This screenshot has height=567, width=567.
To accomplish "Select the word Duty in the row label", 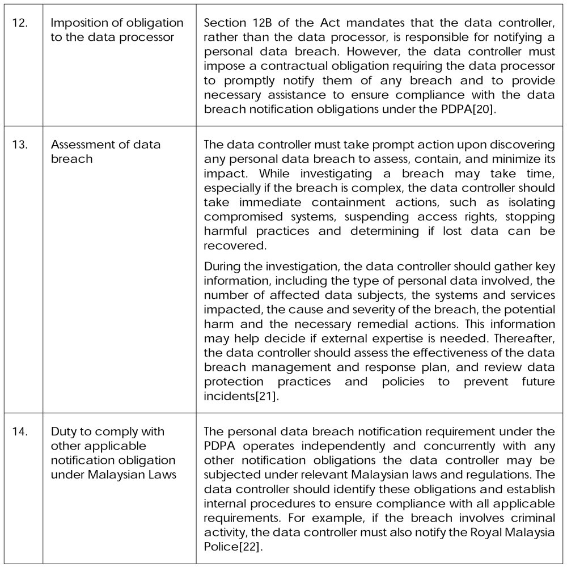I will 63,431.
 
